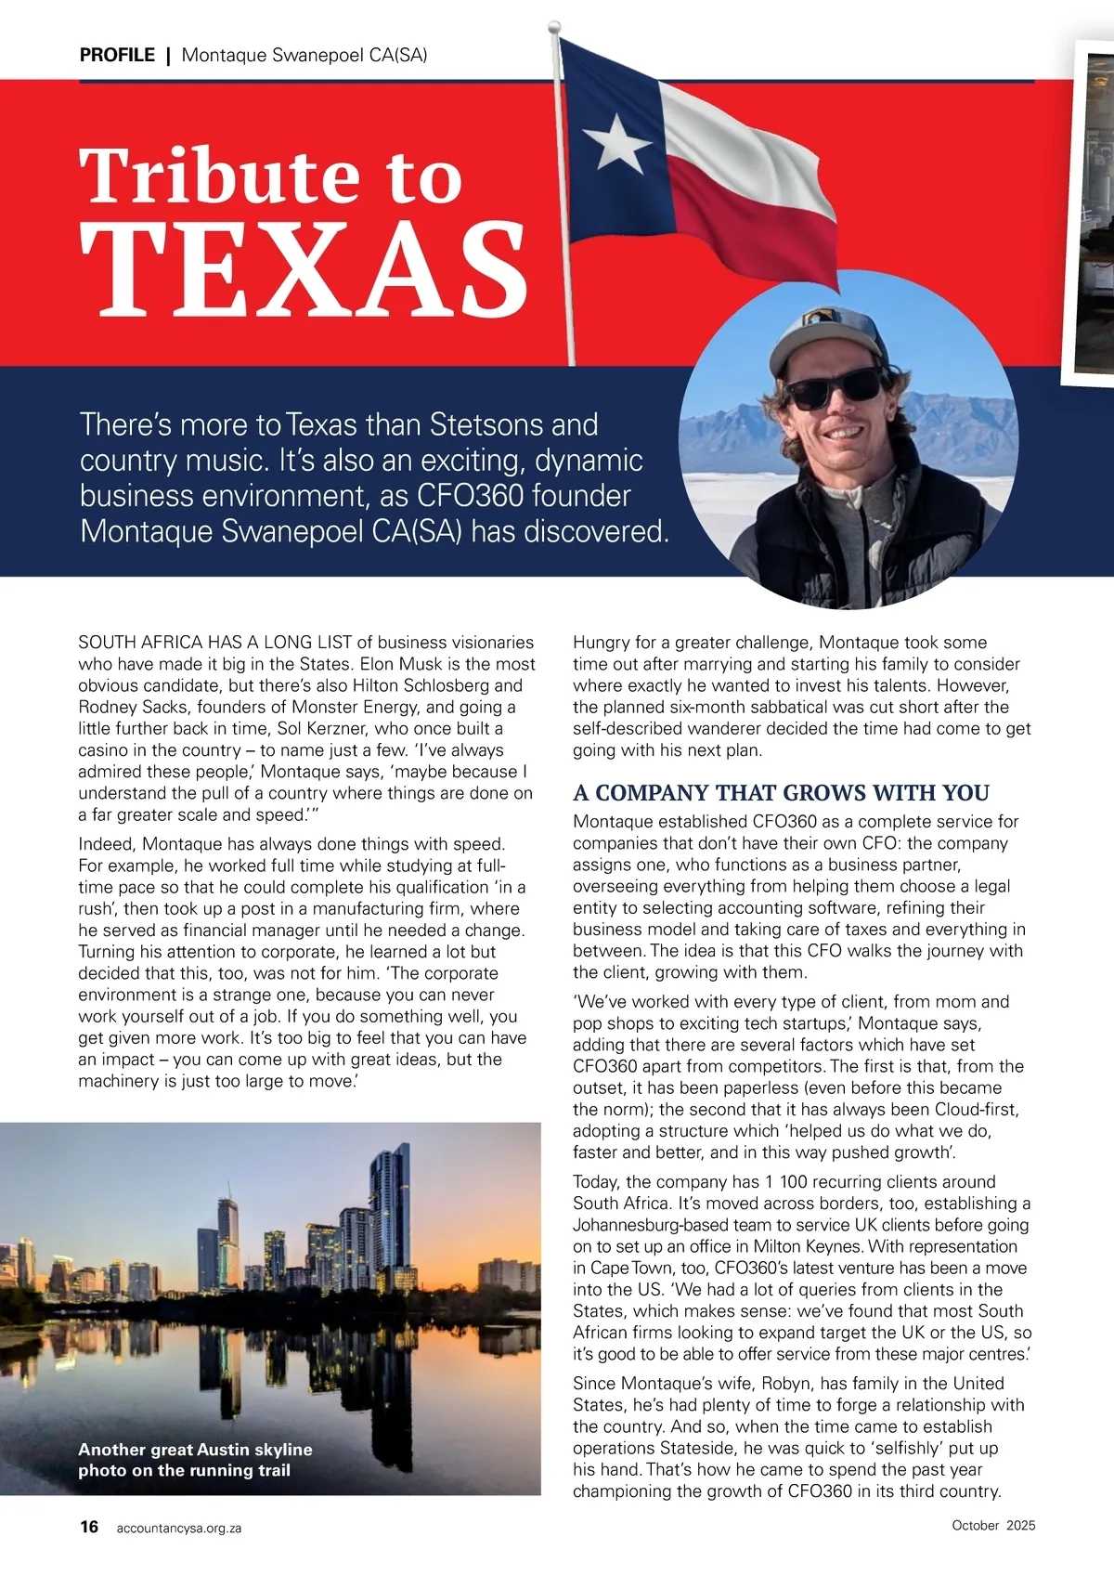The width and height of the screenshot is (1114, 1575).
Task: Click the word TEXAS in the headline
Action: point(304,269)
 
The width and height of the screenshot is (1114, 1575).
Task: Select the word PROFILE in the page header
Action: point(117,55)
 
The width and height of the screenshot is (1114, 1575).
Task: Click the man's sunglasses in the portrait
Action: point(832,387)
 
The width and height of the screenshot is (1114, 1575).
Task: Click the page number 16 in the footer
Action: point(89,1526)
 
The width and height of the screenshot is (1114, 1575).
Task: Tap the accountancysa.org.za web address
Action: point(179,1528)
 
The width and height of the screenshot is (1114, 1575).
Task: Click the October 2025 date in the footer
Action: point(993,1525)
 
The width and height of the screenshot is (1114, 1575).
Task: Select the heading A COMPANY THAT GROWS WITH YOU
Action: point(781,792)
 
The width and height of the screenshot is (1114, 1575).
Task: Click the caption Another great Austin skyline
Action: point(195,1449)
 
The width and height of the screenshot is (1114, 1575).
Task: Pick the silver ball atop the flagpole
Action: point(555,26)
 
